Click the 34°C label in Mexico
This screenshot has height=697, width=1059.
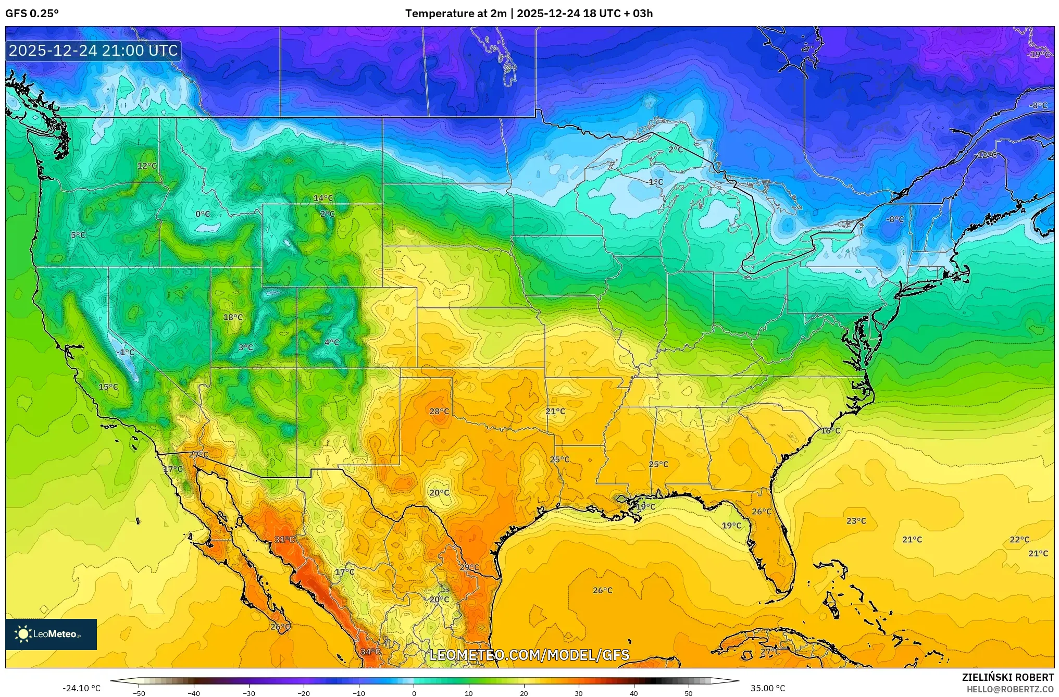click(370, 652)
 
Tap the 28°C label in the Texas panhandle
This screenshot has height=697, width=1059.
click(439, 412)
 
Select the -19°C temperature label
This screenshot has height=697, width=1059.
click(1039, 55)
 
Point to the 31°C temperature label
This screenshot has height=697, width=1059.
click(285, 540)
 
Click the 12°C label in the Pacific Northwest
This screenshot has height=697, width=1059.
click(147, 166)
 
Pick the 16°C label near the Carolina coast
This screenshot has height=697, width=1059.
click(830, 431)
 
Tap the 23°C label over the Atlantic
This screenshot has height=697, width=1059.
click(856, 521)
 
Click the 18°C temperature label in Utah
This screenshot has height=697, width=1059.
click(233, 317)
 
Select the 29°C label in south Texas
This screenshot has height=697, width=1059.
click(469, 567)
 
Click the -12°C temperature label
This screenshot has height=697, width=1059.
click(986, 155)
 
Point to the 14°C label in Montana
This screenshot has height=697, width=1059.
click(323, 198)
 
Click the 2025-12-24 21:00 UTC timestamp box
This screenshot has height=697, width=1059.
click(94, 51)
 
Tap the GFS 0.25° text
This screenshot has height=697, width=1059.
click(32, 14)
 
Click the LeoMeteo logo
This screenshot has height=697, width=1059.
click(51, 634)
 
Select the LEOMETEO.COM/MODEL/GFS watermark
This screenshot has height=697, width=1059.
click(529, 655)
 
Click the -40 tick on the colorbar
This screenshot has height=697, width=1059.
click(194, 693)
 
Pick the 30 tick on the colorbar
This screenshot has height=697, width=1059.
click(579, 693)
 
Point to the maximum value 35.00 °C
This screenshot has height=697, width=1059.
click(767, 688)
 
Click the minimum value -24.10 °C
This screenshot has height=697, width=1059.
click(82, 688)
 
